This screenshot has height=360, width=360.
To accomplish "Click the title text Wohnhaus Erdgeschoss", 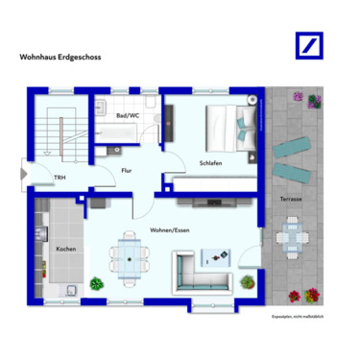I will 60,57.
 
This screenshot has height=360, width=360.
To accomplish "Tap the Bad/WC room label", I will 127,115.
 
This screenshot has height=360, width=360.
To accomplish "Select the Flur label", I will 126,171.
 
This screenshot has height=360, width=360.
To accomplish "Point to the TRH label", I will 60,178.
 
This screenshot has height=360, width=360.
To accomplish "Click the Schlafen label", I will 211,163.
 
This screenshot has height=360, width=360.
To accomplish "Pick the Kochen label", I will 65,249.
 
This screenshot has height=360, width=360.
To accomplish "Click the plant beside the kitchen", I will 96,283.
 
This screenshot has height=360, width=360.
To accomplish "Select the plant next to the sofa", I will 248,282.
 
